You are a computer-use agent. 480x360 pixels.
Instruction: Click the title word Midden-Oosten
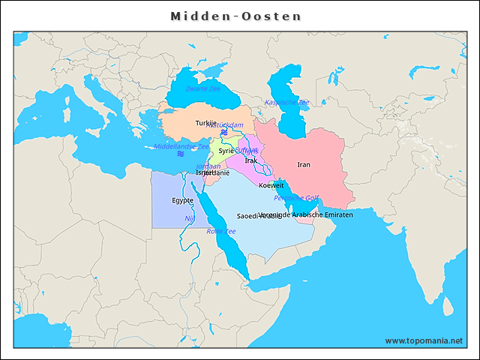click(x=235, y=16)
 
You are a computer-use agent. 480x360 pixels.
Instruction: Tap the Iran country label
click(x=304, y=164)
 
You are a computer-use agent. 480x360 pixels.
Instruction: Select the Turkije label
click(x=205, y=123)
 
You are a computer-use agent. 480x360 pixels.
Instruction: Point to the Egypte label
click(x=182, y=200)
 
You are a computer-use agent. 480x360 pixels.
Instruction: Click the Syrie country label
click(x=226, y=151)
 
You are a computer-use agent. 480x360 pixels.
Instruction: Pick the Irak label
click(x=251, y=160)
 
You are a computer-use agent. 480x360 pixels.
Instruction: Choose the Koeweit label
click(x=271, y=185)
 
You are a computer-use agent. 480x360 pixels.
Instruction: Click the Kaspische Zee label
click(x=286, y=102)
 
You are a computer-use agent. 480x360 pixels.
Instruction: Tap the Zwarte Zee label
click(x=202, y=88)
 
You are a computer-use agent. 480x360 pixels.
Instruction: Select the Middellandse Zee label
click(x=181, y=147)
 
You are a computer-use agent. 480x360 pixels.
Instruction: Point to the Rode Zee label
click(x=221, y=231)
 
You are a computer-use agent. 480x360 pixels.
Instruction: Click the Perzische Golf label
click(x=296, y=198)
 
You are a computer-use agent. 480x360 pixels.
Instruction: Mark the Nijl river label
click(x=189, y=218)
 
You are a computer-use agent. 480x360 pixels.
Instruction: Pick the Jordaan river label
click(x=208, y=166)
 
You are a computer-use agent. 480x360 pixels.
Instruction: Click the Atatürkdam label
click(x=225, y=124)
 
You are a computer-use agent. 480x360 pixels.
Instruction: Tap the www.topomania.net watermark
click(x=424, y=340)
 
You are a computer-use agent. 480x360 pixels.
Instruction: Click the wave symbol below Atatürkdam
click(x=223, y=132)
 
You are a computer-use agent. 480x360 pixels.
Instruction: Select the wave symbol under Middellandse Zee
click(x=180, y=154)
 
